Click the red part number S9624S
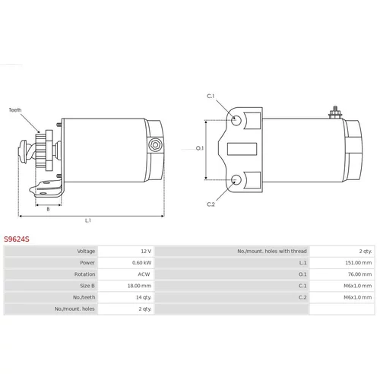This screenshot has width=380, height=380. [17, 239]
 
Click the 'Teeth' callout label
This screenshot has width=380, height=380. [15, 110]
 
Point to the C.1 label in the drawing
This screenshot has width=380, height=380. [211, 96]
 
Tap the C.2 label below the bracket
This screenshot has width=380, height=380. [211, 204]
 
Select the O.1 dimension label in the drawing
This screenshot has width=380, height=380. [200, 148]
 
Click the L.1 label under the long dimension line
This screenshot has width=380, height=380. [88, 220]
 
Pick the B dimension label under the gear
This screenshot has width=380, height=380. [48, 209]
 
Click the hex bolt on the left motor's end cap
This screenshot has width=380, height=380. [154, 145]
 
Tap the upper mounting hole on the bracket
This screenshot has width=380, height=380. [236, 120]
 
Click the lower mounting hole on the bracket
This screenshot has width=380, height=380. [236, 179]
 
